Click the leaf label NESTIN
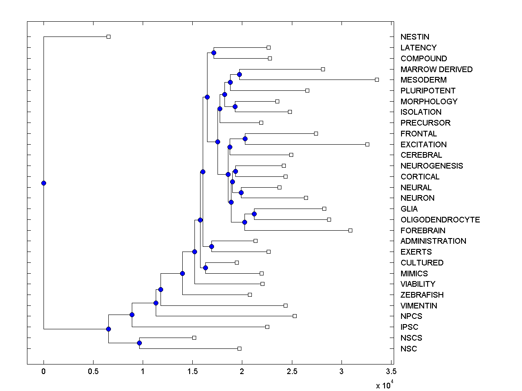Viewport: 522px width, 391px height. pyautogui.click(x=415, y=37)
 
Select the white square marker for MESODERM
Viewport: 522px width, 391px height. pyautogui.click(x=377, y=80)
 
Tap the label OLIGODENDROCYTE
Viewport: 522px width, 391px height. pyautogui.click(x=440, y=219)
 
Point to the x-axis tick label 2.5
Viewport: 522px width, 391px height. pyautogui.click(x=292, y=371)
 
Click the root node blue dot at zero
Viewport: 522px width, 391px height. pyautogui.click(x=43, y=183)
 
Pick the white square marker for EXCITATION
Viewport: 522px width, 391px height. pyautogui.click(x=367, y=144)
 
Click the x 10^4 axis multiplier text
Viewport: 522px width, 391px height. pyautogui.click(x=385, y=385)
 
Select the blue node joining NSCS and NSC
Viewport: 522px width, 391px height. pyautogui.click(x=139, y=343)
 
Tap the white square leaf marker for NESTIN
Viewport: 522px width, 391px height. pyautogui.click(x=109, y=36)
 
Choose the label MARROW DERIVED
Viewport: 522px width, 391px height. pyautogui.click(x=436, y=69)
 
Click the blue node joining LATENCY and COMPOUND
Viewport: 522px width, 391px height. pyautogui.click(x=214, y=53)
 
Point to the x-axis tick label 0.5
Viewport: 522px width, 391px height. pyautogui.click(x=93, y=371)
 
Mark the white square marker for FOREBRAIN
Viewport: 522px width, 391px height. pyautogui.click(x=350, y=230)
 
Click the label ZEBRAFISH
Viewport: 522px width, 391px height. pyautogui.click(x=422, y=295)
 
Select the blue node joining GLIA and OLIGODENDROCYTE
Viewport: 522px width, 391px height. pyautogui.click(x=254, y=214)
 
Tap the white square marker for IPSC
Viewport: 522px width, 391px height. pyautogui.click(x=267, y=327)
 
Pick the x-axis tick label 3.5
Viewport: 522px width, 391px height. pyautogui.click(x=391, y=371)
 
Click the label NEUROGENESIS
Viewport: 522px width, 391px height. pyautogui.click(x=432, y=166)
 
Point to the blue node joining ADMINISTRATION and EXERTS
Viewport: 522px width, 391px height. pyautogui.click(x=211, y=246)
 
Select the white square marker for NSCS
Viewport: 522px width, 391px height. pyautogui.click(x=194, y=338)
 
